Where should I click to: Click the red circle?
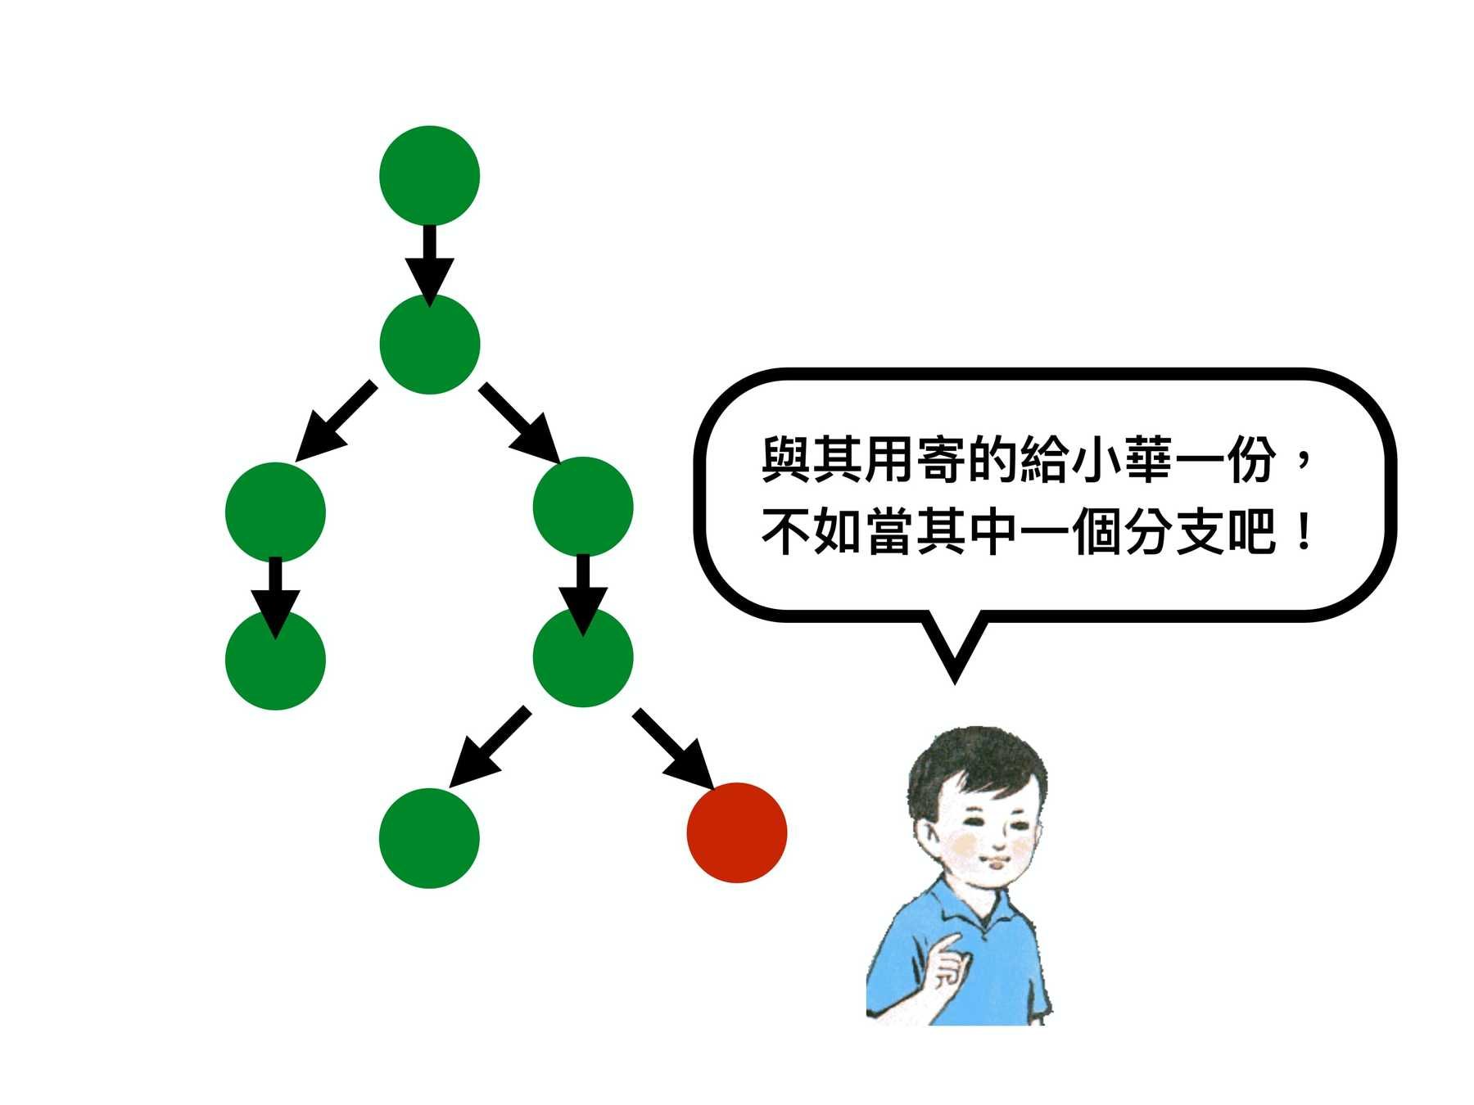pyautogui.click(x=736, y=832)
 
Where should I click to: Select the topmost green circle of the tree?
pyautogui.click(x=429, y=175)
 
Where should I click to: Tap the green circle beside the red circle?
pyautogui.click(x=429, y=837)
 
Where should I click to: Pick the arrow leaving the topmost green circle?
pyautogui.click(x=429, y=259)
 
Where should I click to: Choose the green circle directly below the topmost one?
pyautogui.click(x=429, y=344)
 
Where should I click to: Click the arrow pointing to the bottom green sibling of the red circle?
pyautogui.click(x=489, y=747)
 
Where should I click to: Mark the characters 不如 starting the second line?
pyautogui.click(x=812, y=533)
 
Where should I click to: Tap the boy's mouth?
pyautogui.click(x=997, y=862)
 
